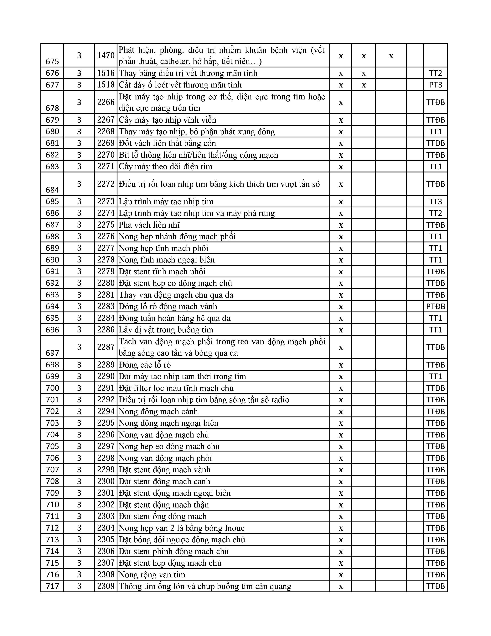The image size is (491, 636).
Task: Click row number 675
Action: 52,61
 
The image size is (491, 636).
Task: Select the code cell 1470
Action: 106,55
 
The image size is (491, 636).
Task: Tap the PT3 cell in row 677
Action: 435,85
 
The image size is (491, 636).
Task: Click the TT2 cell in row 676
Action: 435,73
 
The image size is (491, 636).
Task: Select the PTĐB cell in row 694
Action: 435,306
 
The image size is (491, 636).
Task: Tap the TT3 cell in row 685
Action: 435,202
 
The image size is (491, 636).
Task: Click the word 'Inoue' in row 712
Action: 235,528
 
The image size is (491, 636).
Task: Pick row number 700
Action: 52,388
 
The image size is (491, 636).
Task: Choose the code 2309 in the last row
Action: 106,586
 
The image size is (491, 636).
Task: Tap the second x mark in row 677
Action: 364,85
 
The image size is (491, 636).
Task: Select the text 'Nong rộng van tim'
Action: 152,575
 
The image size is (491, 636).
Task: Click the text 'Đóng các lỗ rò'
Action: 145,365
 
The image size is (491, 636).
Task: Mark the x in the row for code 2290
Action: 341,376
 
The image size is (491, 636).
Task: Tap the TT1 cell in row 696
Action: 435,330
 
